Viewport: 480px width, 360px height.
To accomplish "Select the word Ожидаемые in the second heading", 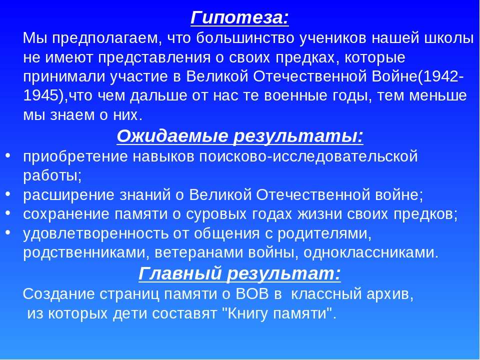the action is [172, 136].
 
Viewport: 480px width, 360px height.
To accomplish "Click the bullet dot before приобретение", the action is [8, 155].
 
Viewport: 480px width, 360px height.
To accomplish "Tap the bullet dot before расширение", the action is [8, 194].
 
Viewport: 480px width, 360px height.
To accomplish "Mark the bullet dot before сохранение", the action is [8, 213].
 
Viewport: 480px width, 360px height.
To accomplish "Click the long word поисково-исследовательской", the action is [308, 156].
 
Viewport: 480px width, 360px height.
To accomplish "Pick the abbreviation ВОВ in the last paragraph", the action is [252, 294].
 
